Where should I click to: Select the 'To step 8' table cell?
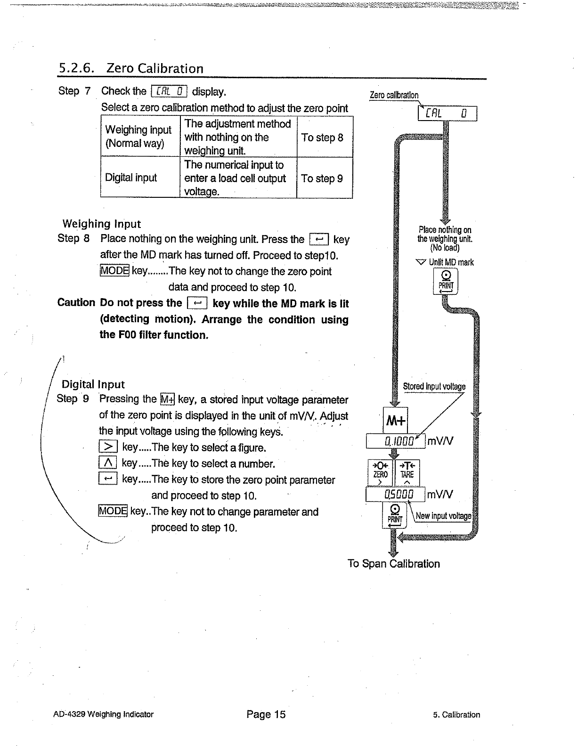click(x=325, y=137)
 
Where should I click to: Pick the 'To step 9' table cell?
click(x=325, y=178)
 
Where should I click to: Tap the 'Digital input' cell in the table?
click(x=140, y=178)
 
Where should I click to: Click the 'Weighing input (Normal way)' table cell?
click(x=140, y=136)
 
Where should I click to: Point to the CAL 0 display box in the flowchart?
click(x=447, y=114)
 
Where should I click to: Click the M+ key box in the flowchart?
click(x=395, y=420)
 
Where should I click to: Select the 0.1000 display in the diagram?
click(x=396, y=441)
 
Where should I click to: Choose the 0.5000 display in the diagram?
click(x=395, y=495)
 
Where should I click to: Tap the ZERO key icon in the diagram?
click(x=380, y=473)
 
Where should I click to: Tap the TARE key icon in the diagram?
click(x=407, y=473)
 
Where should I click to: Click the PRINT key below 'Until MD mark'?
click(x=446, y=281)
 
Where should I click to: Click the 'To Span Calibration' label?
click(x=393, y=564)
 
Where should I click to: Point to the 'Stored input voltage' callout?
click(x=434, y=387)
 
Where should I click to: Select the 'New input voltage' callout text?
click(x=443, y=516)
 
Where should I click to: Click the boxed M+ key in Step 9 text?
click(x=168, y=399)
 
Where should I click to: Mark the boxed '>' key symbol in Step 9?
click(x=108, y=446)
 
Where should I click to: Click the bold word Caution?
click(x=76, y=302)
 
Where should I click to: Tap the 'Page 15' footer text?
click(x=266, y=714)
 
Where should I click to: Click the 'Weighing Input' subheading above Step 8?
click(x=102, y=224)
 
